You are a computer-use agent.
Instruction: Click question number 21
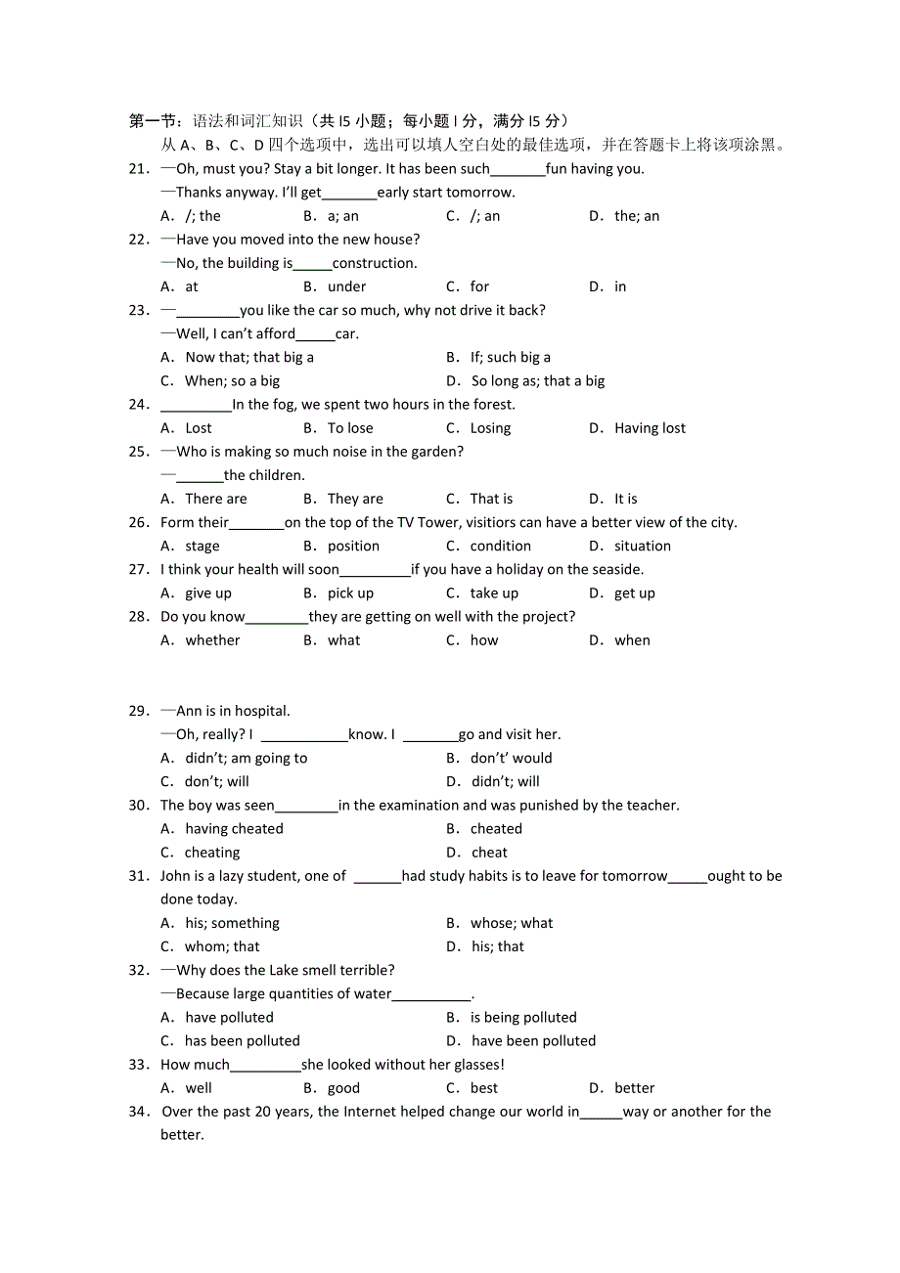(138, 168)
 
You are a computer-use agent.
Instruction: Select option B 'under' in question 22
(346, 286)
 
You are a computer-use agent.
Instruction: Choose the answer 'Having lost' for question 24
(650, 428)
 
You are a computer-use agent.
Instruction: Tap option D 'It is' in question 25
(625, 499)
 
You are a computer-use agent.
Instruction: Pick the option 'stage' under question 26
(202, 546)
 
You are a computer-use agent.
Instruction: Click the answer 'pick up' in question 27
(350, 593)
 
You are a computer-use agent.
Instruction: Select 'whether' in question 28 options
(212, 640)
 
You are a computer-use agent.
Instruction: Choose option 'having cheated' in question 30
(234, 829)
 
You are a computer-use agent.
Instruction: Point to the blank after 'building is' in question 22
(312, 264)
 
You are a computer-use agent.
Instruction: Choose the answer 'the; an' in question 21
(637, 216)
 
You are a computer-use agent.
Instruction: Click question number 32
(138, 970)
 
